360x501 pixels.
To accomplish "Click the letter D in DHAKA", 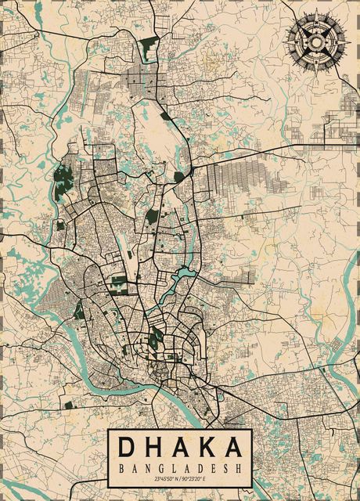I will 128,448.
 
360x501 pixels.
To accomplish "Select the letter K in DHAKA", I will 206,448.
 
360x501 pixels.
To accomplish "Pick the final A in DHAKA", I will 232,448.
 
